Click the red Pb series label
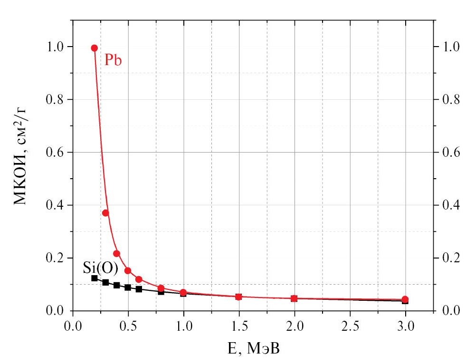pos(113,60)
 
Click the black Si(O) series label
pos(101,268)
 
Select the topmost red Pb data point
pos(95,48)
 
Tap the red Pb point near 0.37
pos(105,213)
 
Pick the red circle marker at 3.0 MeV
pos(405,299)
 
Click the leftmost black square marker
pos(95,278)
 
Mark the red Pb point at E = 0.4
pos(116,253)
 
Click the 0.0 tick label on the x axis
pos(73,327)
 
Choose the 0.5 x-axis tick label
pos(128,327)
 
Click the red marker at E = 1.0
pos(183,292)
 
